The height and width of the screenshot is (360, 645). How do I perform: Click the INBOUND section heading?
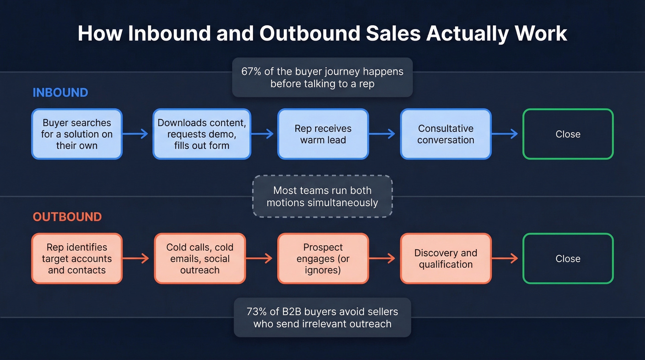(60, 92)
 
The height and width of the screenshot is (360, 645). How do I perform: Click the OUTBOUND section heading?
(67, 217)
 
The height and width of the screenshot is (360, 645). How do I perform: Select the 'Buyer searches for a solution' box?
(77, 134)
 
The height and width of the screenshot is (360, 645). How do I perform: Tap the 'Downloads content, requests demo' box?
(202, 134)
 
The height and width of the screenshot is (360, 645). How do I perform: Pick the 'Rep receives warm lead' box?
(323, 134)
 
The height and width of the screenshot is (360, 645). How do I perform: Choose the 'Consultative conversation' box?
(446, 134)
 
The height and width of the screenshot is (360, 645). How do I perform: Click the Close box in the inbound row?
(568, 134)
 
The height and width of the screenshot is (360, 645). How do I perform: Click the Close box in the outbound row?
(568, 259)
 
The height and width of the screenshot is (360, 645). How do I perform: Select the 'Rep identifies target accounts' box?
(77, 259)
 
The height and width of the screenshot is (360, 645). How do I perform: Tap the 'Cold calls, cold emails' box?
(200, 259)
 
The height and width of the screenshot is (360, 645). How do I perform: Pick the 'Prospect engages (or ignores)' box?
(323, 259)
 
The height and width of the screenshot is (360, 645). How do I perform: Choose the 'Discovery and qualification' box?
(446, 259)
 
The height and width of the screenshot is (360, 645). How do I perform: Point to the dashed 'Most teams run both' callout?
(322, 196)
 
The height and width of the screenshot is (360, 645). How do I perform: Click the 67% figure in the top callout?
(251, 72)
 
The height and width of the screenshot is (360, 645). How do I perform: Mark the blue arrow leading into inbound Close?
(505, 134)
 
